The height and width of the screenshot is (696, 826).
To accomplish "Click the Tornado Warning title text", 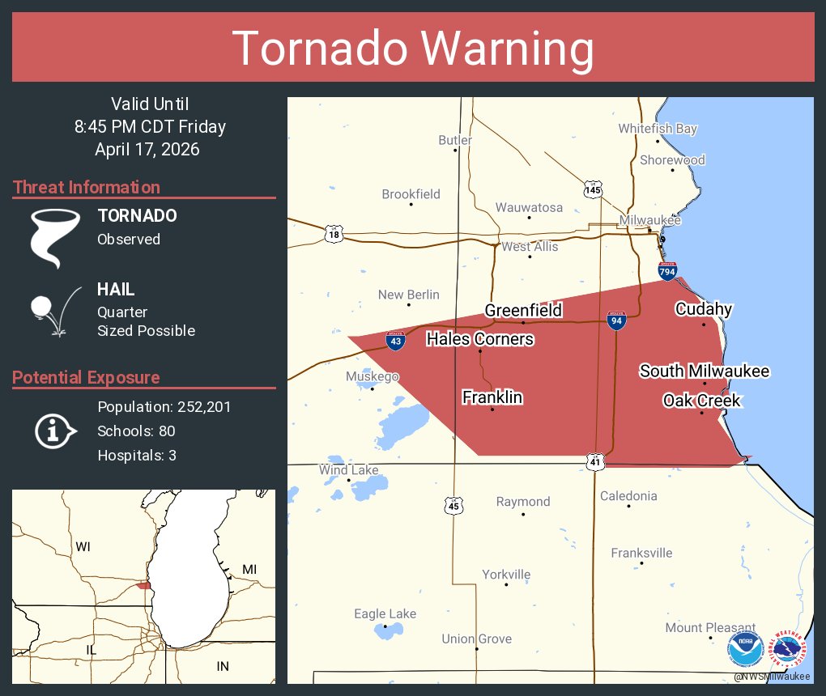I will (413, 49).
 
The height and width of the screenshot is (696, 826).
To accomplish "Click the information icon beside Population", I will (53, 430).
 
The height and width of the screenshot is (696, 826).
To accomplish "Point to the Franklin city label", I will (492, 397).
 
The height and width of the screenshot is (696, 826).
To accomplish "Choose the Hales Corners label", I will (479, 338).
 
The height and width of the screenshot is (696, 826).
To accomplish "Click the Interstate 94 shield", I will (616, 320).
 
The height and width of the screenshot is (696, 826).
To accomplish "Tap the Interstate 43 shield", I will (395, 341).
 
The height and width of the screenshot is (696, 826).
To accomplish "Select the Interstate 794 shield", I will (667, 270).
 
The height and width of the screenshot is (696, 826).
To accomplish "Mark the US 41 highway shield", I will (595, 461).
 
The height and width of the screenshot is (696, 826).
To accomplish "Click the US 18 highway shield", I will (334, 235).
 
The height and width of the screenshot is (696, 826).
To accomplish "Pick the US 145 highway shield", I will (593, 189).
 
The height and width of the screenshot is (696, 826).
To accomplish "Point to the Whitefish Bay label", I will (657, 129).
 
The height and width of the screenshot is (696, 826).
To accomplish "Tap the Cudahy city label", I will (703, 308).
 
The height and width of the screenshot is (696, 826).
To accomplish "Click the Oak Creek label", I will (700, 401).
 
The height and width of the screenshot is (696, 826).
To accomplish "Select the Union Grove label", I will (476, 639).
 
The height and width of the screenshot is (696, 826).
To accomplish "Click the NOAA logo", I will (745, 649).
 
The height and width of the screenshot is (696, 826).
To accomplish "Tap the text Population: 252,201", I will (164, 406).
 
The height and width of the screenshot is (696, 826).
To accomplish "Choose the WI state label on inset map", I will (83, 547).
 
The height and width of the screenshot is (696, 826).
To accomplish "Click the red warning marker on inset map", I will (143, 585).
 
